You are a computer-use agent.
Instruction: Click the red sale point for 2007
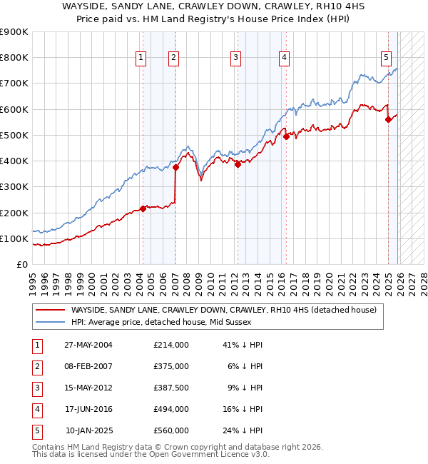coord(175,168)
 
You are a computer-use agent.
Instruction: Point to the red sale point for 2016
coord(286,136)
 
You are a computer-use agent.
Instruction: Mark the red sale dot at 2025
coord(389,120)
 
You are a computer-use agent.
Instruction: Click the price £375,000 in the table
coord(170,366)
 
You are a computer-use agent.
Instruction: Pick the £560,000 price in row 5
coord(170,430)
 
